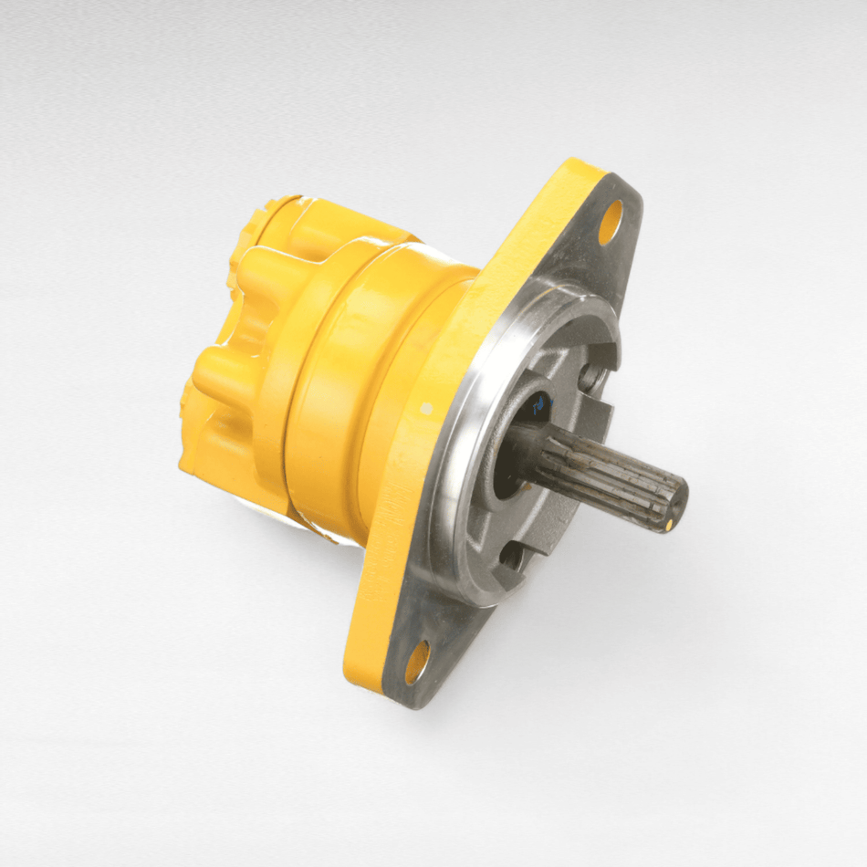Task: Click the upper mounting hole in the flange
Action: point(611,220)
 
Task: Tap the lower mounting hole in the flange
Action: point(415,661)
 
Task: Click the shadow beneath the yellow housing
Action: point(310,529)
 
